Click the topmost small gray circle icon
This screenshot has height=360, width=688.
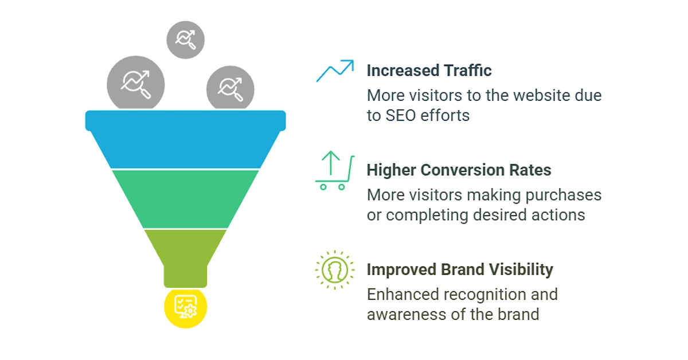coord(186,40)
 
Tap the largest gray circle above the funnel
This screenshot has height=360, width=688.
coord(136,84)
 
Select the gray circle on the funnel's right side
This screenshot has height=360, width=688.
coord(230,88)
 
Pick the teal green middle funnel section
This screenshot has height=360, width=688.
coord(186,199)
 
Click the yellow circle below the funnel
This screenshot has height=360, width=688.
coord(186,308)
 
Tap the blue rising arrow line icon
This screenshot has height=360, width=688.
coord(335,71)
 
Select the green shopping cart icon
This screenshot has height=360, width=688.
coord(335,171)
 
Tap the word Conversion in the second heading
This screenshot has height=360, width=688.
coord(463,170)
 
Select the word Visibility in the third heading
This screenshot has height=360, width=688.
coord(521,269)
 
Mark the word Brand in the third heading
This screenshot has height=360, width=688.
coord(463,269)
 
